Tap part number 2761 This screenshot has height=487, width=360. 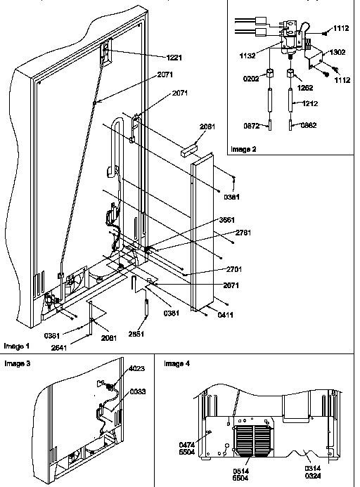coord(243,232)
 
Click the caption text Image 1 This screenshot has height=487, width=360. coord(18,346)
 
